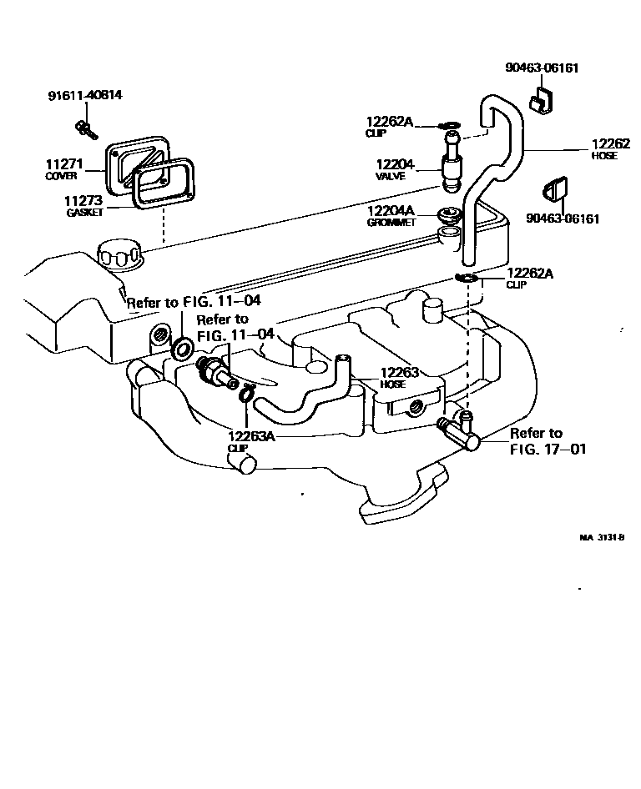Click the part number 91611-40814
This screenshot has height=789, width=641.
[84, 95]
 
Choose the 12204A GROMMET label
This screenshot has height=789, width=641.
[391, 216]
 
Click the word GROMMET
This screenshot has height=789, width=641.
[389, 223]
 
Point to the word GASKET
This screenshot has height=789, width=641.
[85, 213]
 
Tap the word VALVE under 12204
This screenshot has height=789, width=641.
[391, 177]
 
